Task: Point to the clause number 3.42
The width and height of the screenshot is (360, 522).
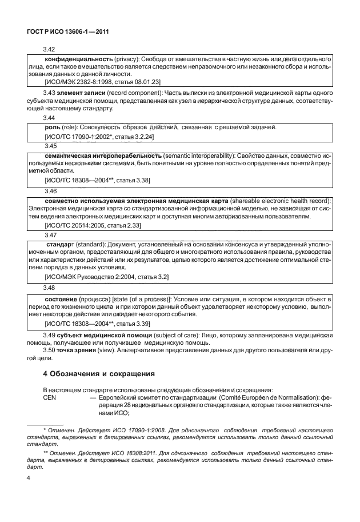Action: (x=50, y=50)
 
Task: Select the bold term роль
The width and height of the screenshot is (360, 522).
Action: (x=53, y=127)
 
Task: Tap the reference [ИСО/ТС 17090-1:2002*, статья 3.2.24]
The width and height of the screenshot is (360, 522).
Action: (x=98, y=137)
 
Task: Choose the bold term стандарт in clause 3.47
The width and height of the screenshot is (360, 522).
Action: (x=61, y=245)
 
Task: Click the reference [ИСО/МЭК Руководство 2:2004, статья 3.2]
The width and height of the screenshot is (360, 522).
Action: (x=106, y=277)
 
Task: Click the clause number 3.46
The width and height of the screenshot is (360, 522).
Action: (x=50, y=190)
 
